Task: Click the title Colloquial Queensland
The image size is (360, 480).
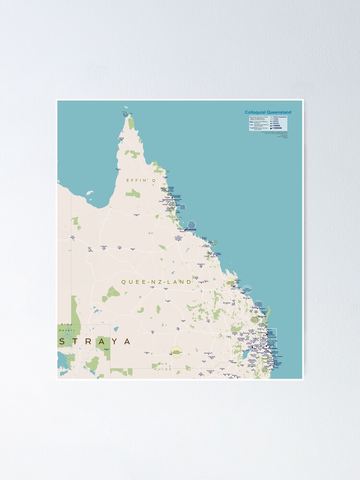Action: point(268,112)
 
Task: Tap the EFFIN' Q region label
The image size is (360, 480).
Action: point(141,180)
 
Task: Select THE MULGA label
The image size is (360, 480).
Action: point(166,364)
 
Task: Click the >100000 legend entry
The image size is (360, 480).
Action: point(277,126)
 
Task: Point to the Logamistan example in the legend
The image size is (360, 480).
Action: point(254,129)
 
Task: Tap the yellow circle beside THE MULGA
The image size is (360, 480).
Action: point(176,352)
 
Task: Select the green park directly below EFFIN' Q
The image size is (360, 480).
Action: point(133,193)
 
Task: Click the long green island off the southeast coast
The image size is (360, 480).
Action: point(268,312)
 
